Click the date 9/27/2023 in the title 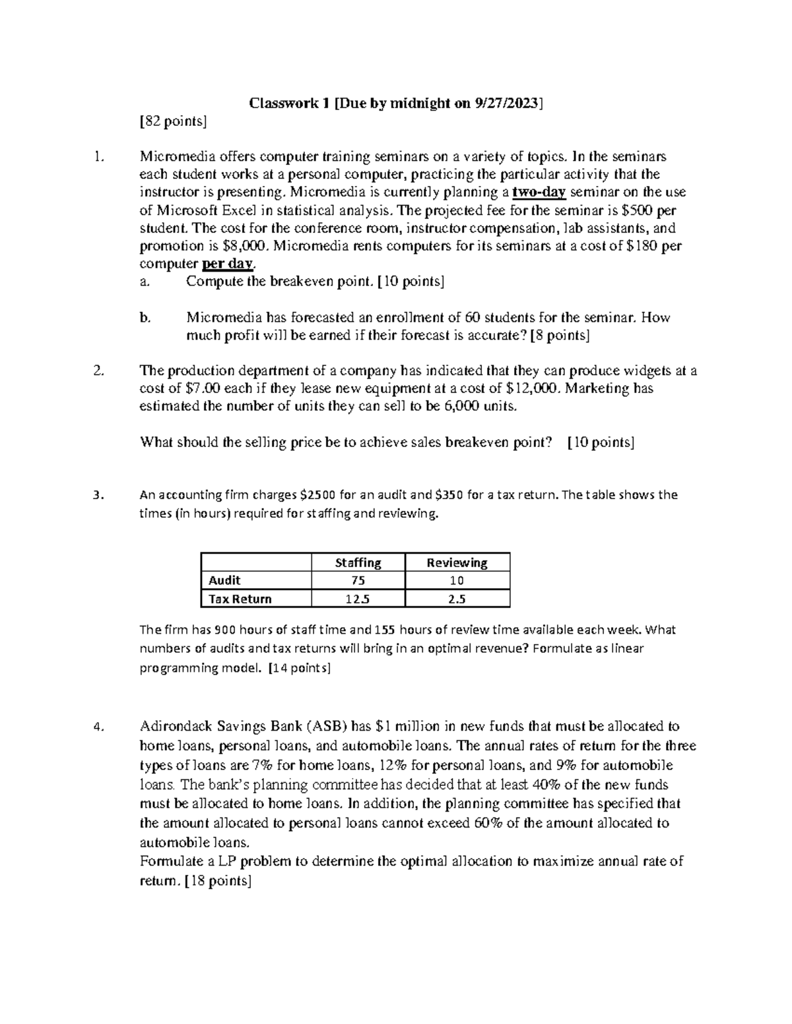pyautogui.click(x=508, y=103)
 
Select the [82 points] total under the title pyautogui.click(x=173, y=121)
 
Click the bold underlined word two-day pyautogui.click(x=539, y=193)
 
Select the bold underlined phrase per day pyautogui.click(x=227, y=264)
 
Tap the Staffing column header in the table pyautogui.click(x=358, y=562)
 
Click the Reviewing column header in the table pyautogui.click(x=457, y=562)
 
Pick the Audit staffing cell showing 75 pyautogui.click(x=358, y=580)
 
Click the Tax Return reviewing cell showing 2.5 pyautogui.click(x=457, y=599)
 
